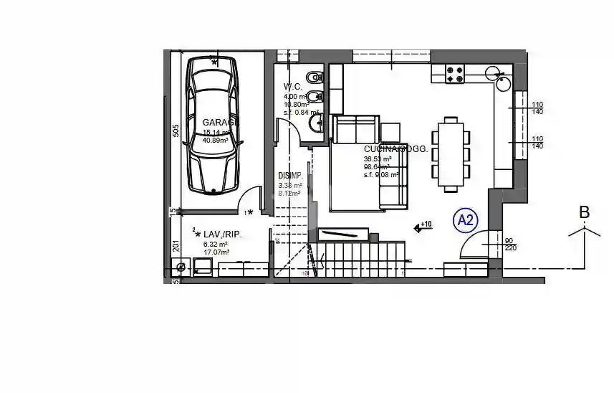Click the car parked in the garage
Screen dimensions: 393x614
(212, 126)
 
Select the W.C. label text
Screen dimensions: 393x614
(293, 87)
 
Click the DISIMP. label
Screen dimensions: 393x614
(291, 176)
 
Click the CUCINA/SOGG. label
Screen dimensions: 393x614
(395, 149)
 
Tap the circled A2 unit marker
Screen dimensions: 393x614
(466, 221)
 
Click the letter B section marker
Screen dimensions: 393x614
(584, 212)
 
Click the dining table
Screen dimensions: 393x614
(451, 154)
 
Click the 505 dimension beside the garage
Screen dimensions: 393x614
(175, 131)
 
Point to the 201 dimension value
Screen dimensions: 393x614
(175, 247)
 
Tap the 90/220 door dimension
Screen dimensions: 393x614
(509, 245)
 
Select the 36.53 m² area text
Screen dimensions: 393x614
(378, 159)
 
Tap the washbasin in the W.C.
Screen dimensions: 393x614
(316, 126)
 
